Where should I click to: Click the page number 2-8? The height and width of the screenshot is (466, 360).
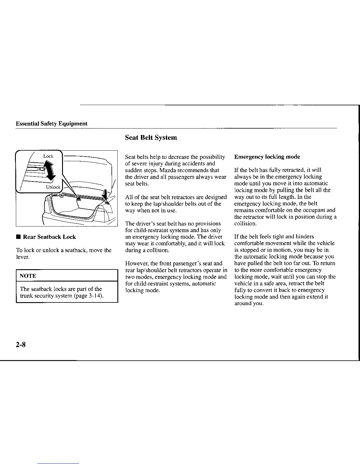click(21, 344)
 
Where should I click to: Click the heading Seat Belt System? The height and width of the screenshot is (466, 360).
click(151, 137)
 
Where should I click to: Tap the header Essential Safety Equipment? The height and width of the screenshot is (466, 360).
click(51, 124)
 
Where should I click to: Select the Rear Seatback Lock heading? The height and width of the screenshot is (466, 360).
click(49, 237)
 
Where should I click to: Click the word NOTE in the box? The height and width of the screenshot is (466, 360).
click(28, 276)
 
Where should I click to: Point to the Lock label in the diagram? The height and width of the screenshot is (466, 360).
click(48, 156)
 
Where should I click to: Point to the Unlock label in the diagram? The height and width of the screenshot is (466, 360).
click(53, 187)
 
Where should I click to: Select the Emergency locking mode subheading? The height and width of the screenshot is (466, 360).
click(267, 157)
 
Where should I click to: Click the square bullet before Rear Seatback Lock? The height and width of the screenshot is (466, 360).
click(19, 237)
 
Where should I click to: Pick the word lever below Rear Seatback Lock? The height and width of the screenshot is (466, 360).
click(22, 257)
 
